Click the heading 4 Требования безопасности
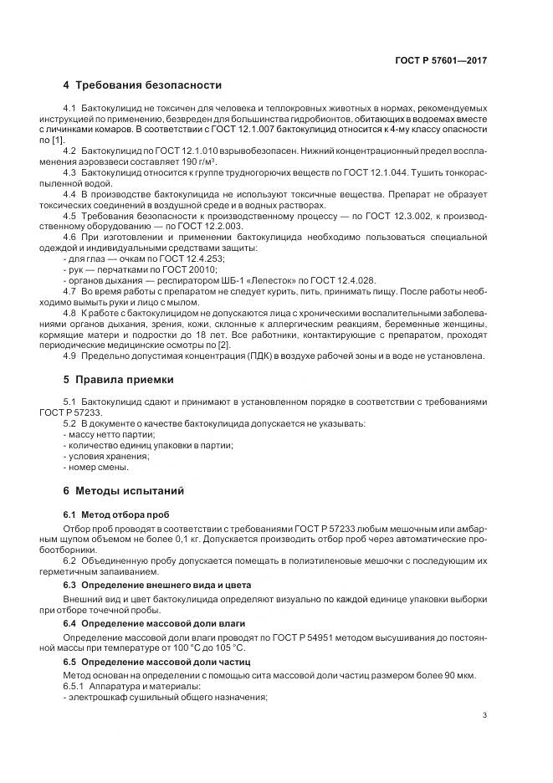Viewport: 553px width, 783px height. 142,85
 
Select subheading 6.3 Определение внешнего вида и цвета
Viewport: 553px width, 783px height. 157,584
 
